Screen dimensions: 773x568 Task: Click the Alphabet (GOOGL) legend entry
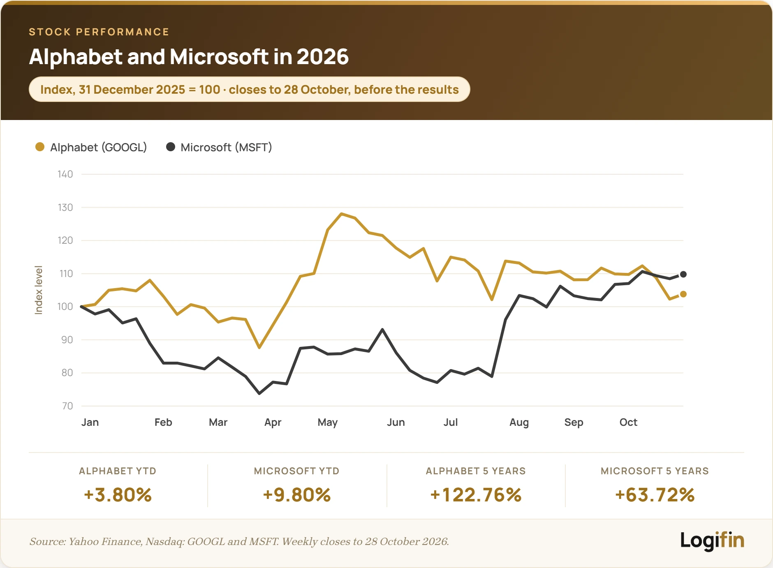tap(91, 147)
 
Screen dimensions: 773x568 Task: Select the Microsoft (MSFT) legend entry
tap(219, 147)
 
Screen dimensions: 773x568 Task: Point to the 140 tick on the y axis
tap(65, 174)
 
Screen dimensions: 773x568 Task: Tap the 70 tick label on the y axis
tap(67, 406)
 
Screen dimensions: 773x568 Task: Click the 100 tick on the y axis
tap(65, 307)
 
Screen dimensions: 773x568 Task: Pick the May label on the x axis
tap(328, 423)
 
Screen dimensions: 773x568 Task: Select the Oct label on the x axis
tap(628, 422)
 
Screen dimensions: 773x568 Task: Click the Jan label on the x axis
tap(90, 422)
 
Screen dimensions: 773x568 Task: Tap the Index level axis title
tap(39, 290)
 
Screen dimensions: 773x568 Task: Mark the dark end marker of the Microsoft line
tap(683, 274)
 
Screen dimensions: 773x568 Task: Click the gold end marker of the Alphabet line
tap(683, 294)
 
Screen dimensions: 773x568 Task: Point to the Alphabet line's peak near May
tap(341, 214)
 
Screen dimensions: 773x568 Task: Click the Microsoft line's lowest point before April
tap(259, 393)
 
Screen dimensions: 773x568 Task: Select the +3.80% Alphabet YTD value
tap(118, 495)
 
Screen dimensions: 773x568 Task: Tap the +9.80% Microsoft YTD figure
tap(297, 495)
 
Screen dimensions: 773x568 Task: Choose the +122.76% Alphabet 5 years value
tap(476, 495)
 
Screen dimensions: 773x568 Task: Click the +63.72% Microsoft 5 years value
tap(655, 495)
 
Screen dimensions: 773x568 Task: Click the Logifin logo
tap(712, 540)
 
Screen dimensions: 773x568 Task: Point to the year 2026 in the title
tap(323, 57)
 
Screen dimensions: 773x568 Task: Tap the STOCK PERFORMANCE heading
tap(99, 32)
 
